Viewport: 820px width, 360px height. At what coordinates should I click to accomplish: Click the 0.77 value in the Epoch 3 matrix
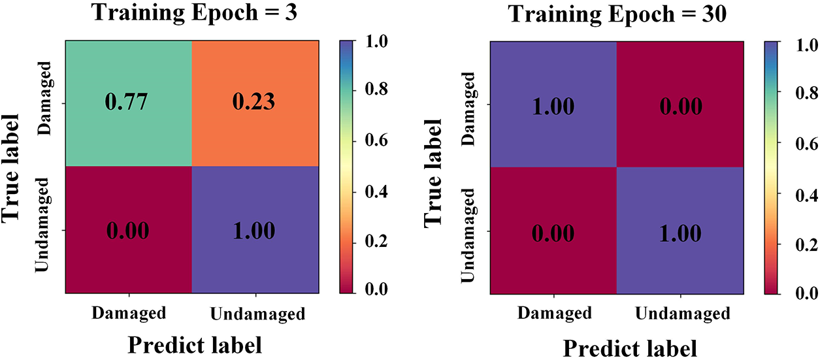pos(128,103)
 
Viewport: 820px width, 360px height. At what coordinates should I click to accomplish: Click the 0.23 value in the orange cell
pos(255,103)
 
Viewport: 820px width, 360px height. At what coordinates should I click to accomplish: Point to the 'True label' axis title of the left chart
pos(18,168)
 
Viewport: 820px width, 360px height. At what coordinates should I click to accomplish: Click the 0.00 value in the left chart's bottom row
pos(128,231)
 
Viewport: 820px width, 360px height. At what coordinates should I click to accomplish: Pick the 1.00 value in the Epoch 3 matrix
pos(255,231)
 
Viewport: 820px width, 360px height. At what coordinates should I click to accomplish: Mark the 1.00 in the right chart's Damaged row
pos(553,106)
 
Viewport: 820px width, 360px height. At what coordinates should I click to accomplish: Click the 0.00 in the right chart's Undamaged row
pos(553,233)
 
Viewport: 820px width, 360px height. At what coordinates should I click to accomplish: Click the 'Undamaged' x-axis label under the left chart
pos(257,315)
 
